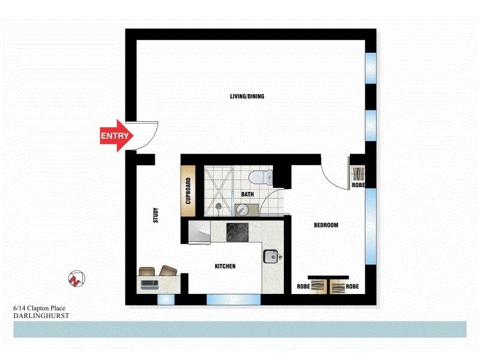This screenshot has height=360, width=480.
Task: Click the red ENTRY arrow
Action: [x=115, y=136]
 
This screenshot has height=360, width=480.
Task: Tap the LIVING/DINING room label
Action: [x=247, y=97]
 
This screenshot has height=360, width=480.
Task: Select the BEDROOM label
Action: [x=326, y=226]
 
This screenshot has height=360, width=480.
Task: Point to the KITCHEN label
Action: [x=226, y=266]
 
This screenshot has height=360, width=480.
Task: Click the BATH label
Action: [x=247, y=195]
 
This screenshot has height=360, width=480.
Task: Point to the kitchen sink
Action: [x=271, y=256]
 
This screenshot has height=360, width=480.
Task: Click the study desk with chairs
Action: [x=159, y=278]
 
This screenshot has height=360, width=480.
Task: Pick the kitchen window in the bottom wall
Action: [x=233, y=298]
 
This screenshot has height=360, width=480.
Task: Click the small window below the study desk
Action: [x=164, y=298]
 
